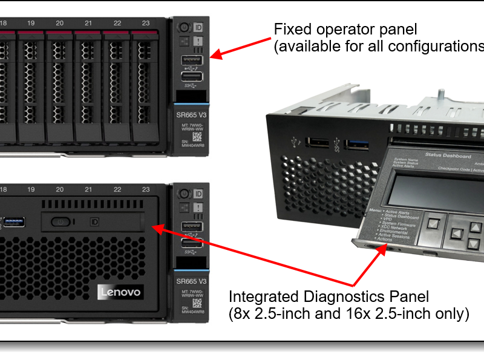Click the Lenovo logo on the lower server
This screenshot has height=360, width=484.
120,292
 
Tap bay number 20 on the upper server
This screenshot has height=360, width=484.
59,23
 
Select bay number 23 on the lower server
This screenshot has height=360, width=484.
146,189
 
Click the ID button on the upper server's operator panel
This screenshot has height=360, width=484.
198,28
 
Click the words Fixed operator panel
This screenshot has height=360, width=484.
345,29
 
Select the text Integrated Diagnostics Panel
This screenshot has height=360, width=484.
329,297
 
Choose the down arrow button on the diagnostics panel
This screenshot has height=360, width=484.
474,243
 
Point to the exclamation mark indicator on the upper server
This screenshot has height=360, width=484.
198,42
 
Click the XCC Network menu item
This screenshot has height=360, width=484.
396,226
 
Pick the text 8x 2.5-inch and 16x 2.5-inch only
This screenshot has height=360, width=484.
348,315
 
